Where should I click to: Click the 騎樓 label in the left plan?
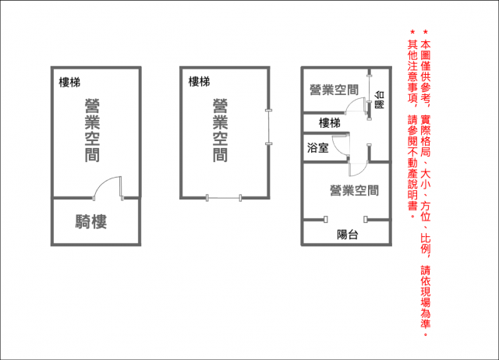pos(91,221)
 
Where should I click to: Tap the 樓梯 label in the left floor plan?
pos(69,83)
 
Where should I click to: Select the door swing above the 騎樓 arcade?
pos(108,189)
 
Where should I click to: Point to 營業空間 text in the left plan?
pos(92,130)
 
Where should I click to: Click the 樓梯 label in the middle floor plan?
pos(200,82)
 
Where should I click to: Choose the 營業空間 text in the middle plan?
pos(220,130)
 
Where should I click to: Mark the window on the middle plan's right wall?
pos(269,127)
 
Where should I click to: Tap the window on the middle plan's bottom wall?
pos(224,198)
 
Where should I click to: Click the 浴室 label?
pos(318,148)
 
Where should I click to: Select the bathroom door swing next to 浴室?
pos(341,146)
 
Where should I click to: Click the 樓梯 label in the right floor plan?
pos(330,123)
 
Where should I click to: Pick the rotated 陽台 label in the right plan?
pos(380,100)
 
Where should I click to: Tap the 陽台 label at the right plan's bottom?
pos(348,235)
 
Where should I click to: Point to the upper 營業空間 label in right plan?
pos(334,90)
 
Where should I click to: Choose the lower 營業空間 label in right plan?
pos(354,191)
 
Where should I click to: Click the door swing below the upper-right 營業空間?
pos(355,105)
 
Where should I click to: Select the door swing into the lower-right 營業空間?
pos(359,169)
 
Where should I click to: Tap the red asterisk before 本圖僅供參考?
pos(426,32)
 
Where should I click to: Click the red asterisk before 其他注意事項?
pos(412,32)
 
